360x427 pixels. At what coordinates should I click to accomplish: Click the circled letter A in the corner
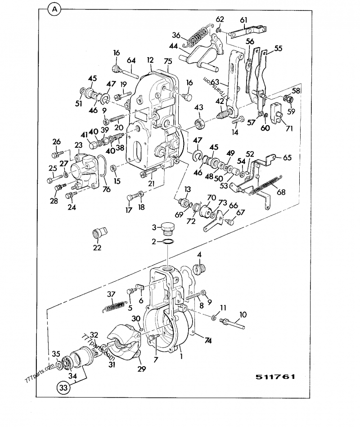pos(54,9)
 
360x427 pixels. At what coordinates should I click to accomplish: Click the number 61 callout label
pos(243,20)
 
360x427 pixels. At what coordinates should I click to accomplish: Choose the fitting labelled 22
pos(98,234)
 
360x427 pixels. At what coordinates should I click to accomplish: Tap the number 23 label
pos(78,145)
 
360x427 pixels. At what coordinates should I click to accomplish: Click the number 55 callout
pos(279,48)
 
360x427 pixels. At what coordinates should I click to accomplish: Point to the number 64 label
pos(131,61)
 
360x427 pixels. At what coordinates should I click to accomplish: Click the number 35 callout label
pos(56,353)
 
